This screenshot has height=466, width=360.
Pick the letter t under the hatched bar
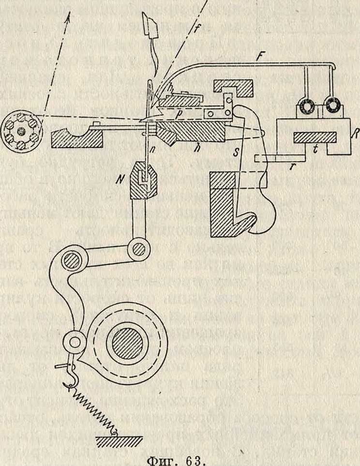click(x=315, y=150)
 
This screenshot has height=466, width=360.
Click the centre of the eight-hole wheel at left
click(x=21, y=131)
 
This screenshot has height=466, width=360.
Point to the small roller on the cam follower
click(x=75, y=342)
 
